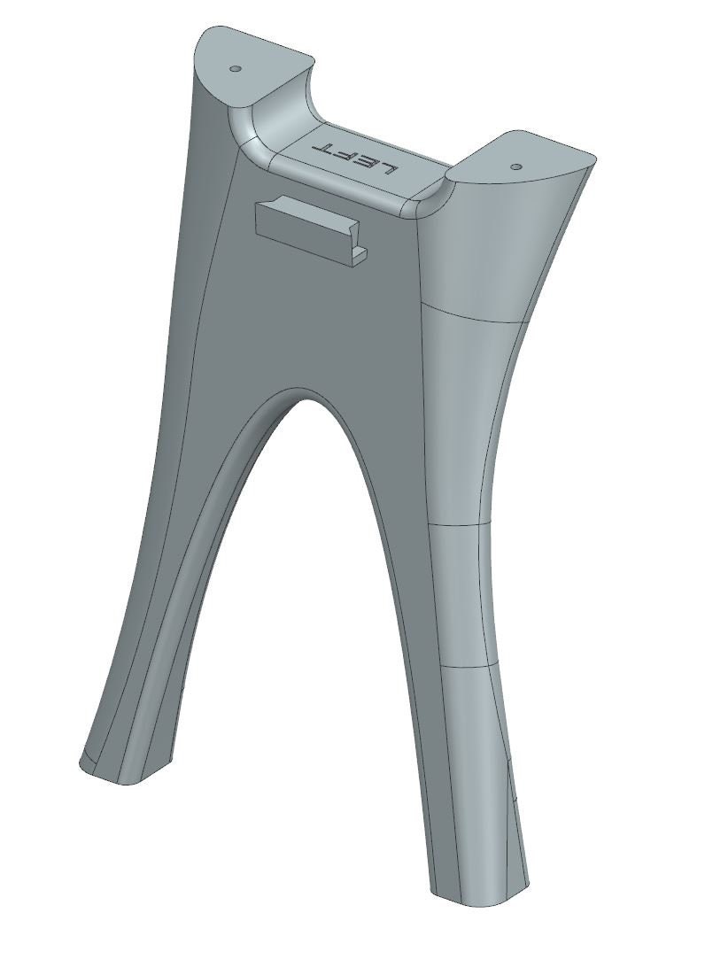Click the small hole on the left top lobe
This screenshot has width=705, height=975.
click(x=236, y=68)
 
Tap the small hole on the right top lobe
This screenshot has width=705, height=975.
click(x=516, y=165)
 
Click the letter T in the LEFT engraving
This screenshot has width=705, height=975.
click(x=323, y=147)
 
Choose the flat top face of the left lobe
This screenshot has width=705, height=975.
click(x=248, y=62)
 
